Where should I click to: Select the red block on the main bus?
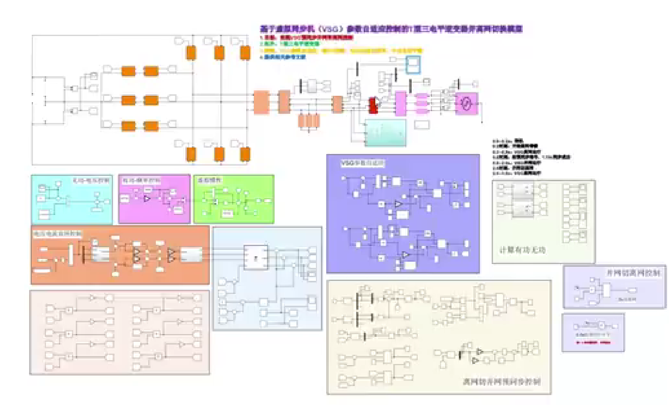coord(373,105)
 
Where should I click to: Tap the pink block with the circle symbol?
coord(466,103)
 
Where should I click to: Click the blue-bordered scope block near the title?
coord(413,64)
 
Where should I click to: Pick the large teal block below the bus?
coord(385,133)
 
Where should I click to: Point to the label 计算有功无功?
coord(522,250)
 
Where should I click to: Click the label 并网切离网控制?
coord(633,273)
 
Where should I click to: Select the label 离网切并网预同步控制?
coord(502,381)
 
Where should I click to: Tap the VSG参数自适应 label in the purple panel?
coord(362,163)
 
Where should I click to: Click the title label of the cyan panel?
coord(91,180)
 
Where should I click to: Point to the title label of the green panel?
coord(209,180)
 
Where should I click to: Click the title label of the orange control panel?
coord(57,233)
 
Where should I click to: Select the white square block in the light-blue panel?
coord(256,257)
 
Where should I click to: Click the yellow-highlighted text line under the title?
coord(341,51)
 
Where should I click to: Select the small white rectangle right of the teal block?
coord(422,125)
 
